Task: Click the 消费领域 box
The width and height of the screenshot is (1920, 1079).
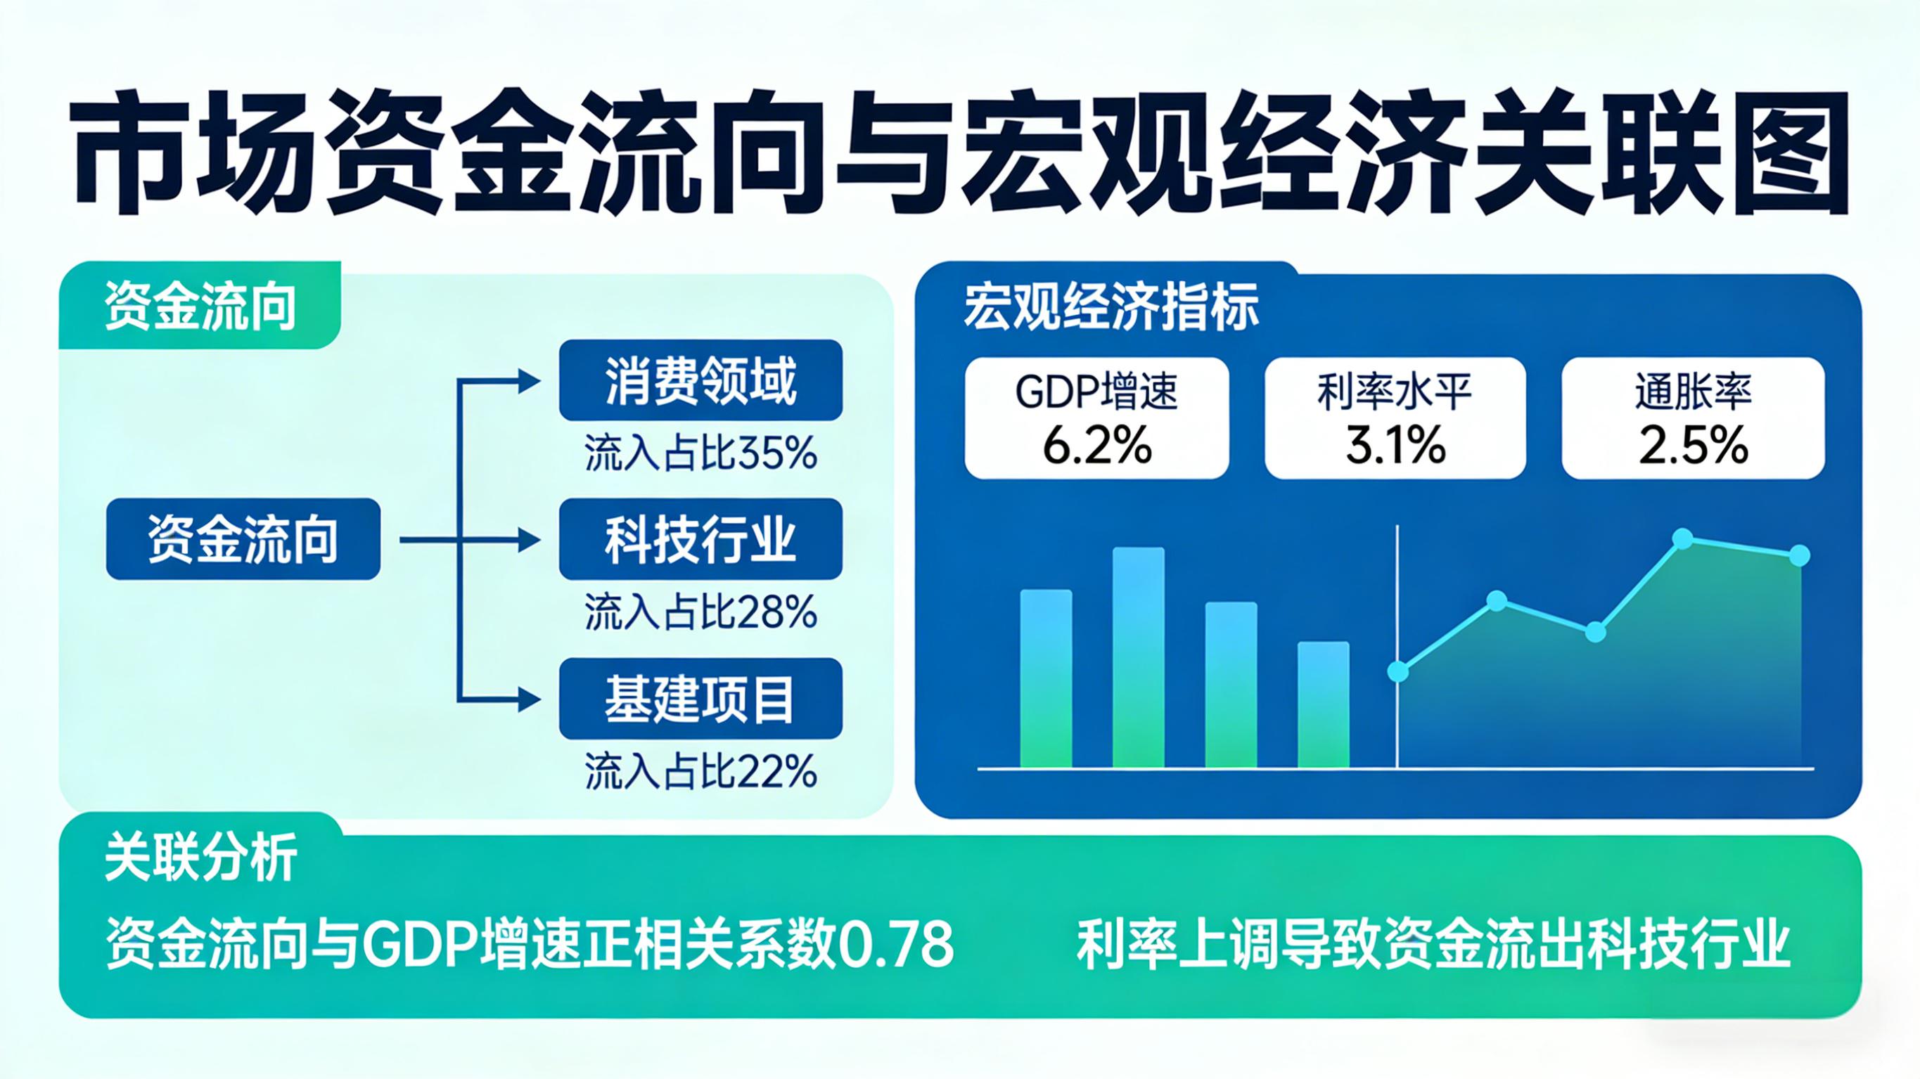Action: coord(700,380)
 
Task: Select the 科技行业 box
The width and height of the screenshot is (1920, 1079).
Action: coord(700,538)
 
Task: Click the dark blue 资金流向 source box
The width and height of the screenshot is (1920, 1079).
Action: coord(243,538)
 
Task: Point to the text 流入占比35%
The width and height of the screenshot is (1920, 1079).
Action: coord(700,453)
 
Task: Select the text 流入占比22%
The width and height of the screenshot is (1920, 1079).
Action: coord(700,772)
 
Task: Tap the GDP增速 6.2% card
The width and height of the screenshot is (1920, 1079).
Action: coord(1096,418)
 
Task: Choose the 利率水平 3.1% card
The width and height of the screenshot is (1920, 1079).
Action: coord(1395,418)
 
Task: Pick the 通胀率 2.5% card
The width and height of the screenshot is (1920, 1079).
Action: coord(1693,418)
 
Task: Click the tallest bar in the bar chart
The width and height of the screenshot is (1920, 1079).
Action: coord(1138,656)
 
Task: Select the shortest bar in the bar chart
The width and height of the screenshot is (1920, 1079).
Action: coord(1323,704)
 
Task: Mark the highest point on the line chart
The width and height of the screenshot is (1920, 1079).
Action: coord(1682,538)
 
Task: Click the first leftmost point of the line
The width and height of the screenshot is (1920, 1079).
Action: coord(1398,671)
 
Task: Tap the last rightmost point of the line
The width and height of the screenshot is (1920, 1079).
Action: coord(1799,555)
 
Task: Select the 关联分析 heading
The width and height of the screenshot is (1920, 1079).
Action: coord(201,858)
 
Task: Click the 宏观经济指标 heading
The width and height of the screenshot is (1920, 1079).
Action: coord(1111,307)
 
